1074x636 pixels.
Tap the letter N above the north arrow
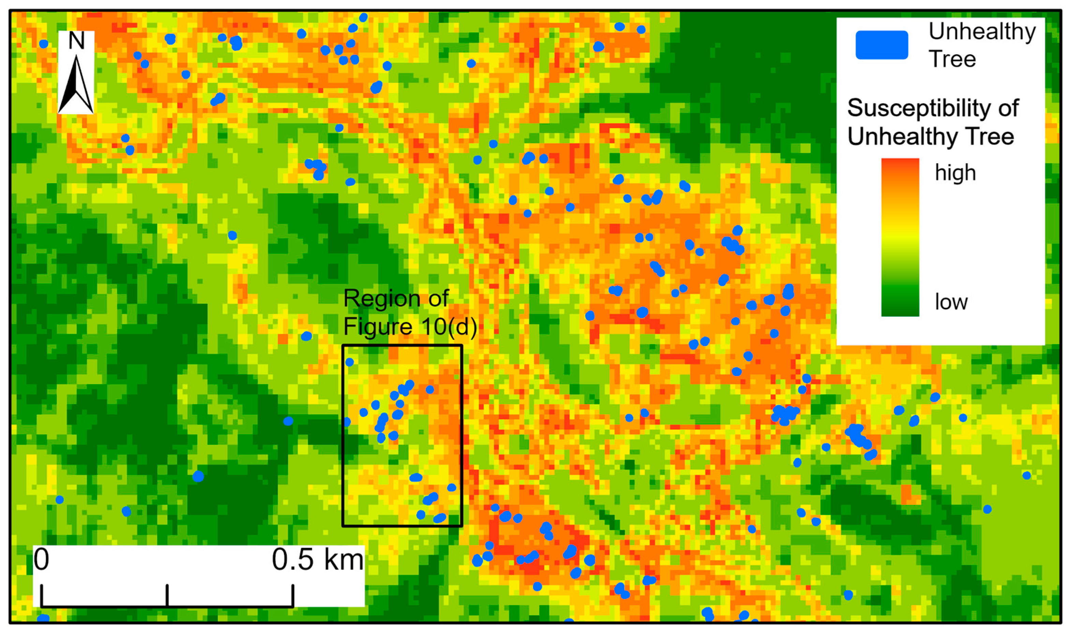click(x=76, y=41)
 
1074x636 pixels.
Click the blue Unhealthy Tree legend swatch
click(x=881, y=45)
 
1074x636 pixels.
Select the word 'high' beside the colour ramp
click(x=955, y=173)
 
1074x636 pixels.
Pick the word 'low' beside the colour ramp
click(x=951, y=302)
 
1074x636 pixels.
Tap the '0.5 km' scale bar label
click(x=317, y=560)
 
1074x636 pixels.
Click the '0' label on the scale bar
click(x=42, y=560)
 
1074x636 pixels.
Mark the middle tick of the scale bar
click(x=167, y=596)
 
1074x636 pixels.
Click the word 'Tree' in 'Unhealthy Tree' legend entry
click(x=952, y=59)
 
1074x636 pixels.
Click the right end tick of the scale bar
click(x=293, y=596)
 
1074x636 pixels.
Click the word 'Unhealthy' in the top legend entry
click(x=982, y=32)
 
